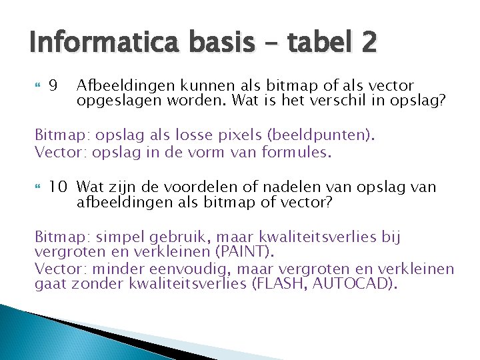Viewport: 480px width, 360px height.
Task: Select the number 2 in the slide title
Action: point(369,44)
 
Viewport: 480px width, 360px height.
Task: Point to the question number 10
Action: point(58,187)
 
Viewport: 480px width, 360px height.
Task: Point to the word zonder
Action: point(88,285)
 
